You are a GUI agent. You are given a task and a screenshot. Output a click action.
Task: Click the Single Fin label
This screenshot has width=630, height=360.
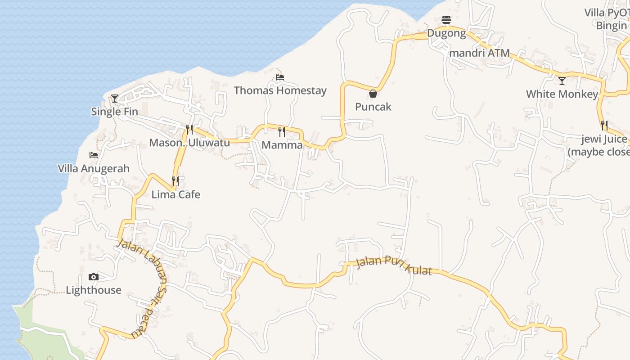[114, 112]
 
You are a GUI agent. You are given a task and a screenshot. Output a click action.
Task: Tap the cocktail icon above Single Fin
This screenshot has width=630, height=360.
[115, 98]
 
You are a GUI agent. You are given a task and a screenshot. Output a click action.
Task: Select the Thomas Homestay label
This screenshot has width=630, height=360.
[280, 90]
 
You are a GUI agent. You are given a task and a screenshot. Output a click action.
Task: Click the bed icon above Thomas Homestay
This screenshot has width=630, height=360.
[280, 77]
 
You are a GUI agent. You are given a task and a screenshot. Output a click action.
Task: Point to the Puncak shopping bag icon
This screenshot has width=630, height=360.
[373, 94]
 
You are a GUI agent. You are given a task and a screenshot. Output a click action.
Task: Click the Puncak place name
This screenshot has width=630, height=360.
[373, 107]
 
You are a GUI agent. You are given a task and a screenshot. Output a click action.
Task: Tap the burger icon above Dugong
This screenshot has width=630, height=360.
[446, 20]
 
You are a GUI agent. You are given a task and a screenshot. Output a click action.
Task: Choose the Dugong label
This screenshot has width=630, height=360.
[446, 33]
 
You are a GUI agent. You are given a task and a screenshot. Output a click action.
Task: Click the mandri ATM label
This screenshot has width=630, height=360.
[480, 53]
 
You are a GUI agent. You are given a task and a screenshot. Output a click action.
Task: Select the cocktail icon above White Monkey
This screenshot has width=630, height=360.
[562, 81]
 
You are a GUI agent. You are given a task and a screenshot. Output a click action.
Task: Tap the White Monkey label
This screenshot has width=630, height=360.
[562, 94]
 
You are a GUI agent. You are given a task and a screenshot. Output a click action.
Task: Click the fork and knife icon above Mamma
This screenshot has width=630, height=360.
[282, 131]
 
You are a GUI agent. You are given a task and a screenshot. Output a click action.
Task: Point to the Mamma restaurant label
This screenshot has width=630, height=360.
[282, 145]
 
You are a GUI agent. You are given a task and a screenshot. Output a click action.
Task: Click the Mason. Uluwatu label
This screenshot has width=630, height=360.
[189, 143]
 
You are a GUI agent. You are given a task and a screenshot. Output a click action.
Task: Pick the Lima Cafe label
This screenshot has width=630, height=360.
[175, 194]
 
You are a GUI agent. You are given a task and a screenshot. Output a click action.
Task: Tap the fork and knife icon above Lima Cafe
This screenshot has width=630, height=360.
[175, 181]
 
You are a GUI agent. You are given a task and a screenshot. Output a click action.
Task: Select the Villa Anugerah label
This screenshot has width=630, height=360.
[94, 168]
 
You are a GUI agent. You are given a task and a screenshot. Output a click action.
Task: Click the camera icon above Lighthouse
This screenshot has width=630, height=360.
[94, 277]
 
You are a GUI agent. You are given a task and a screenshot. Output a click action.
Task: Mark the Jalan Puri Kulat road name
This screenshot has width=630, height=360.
[393, 265]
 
